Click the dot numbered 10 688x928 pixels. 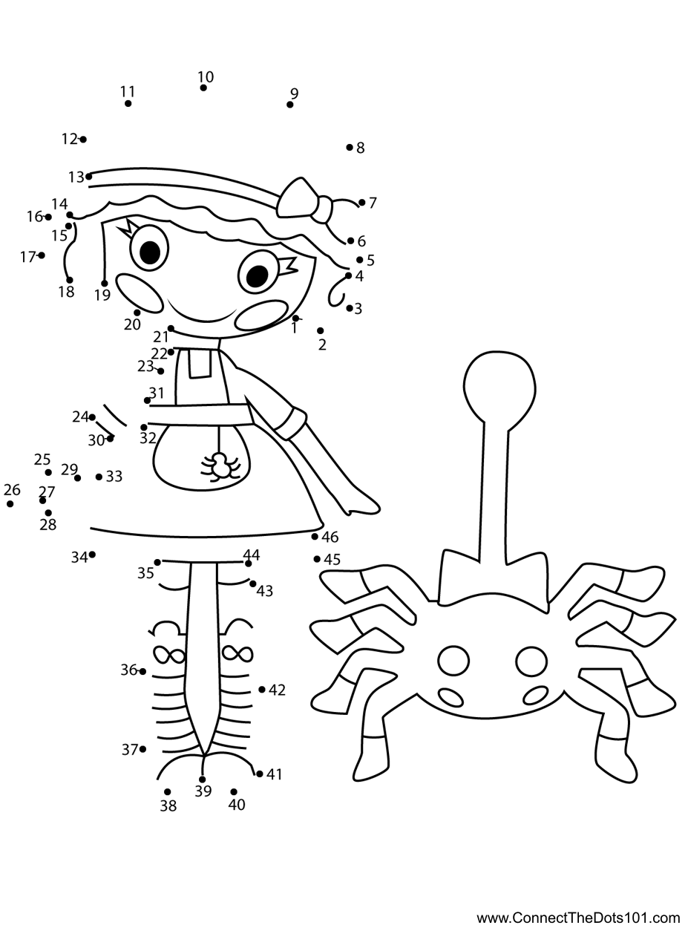(x=203, y=88)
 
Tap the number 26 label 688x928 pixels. (x=12, y=490)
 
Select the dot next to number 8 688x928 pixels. (x=350, y=147)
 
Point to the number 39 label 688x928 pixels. (x=203, y=791)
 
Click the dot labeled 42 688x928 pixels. (x=262, y=690)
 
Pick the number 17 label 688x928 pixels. (x=27, y=257)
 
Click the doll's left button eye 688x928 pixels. (x=149, y=250)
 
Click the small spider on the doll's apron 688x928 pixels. (x=220, y=466)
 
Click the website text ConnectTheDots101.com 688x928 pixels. (x=578, y=918)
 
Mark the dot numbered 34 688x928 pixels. (x=92, y=555)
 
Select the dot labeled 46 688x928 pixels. (x=315, y=536)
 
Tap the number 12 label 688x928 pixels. (x=69, y=139)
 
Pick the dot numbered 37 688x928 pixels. (x=142, y=749)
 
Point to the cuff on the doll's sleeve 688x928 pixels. (x=289, y=423)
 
